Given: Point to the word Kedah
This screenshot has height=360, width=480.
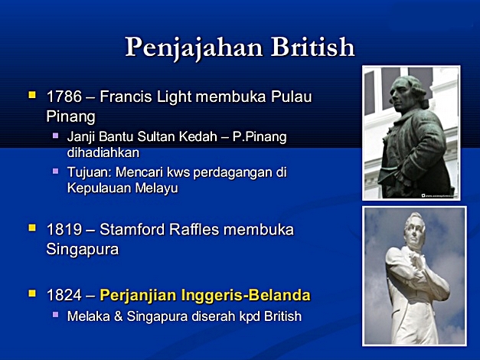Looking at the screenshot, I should pyautogui.click(x=191, y=136).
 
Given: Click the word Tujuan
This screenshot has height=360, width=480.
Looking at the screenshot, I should pyautogui.click(x=87, y=172).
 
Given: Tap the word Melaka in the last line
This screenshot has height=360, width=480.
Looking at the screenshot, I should pyautogui.click(x=87, y=315).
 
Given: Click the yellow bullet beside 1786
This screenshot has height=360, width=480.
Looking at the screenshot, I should pyautogui.click(x=32, y=96).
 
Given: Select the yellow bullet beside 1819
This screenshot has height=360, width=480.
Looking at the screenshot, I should pyautogui.click(x=32, y=227).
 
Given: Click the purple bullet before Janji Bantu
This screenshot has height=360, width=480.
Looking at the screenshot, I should pyautogui.click(x=55, y=135).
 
